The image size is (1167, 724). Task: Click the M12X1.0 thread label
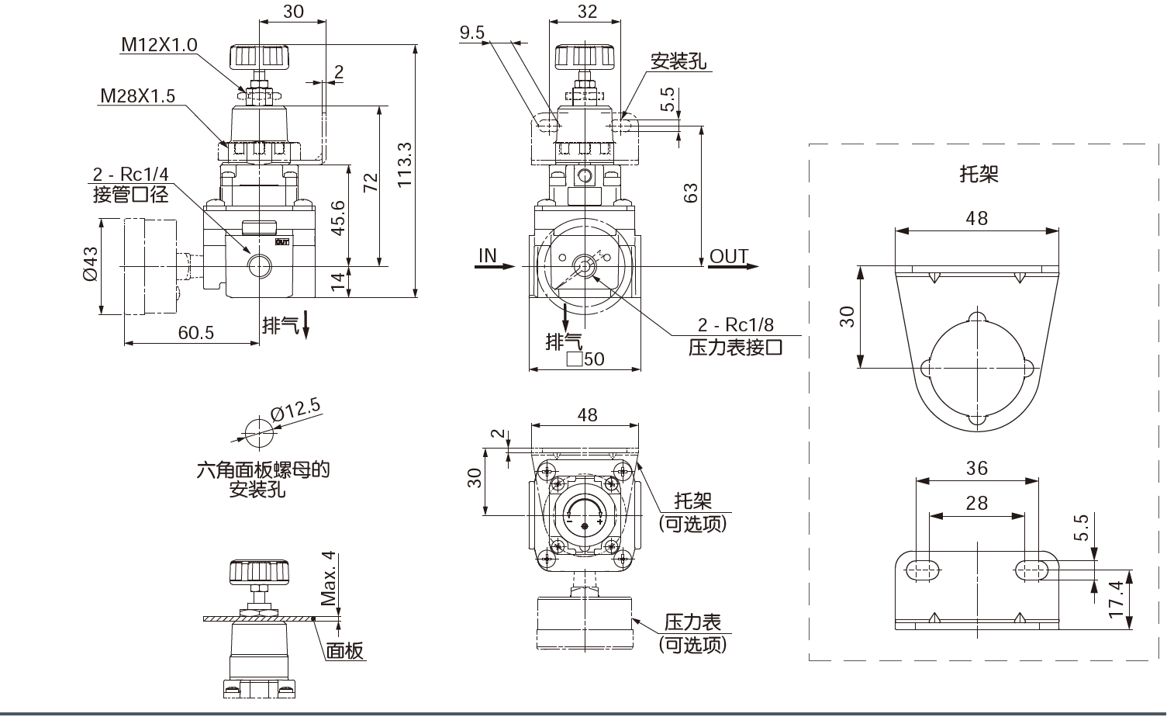[158, 45]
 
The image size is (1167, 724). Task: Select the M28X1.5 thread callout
[137, 96]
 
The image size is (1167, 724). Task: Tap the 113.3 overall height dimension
[404, 165]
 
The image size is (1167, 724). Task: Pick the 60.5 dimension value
[195, 332]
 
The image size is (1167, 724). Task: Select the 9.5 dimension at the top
[471, 32]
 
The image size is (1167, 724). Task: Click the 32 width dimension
[588, 11]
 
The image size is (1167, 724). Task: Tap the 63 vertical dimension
[690, 192]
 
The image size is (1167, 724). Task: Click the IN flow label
[488, 255]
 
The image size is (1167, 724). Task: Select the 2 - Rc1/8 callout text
[735, 325]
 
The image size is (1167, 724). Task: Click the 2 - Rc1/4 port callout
[130, 175]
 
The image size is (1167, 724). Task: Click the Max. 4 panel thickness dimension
[328, 578]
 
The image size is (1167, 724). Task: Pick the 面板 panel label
[344, 650]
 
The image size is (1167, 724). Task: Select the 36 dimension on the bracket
[976, 468]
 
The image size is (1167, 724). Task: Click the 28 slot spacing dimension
[976, 503]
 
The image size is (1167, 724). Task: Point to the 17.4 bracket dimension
[1117, 599]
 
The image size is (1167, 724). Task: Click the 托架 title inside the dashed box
[979, 174]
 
